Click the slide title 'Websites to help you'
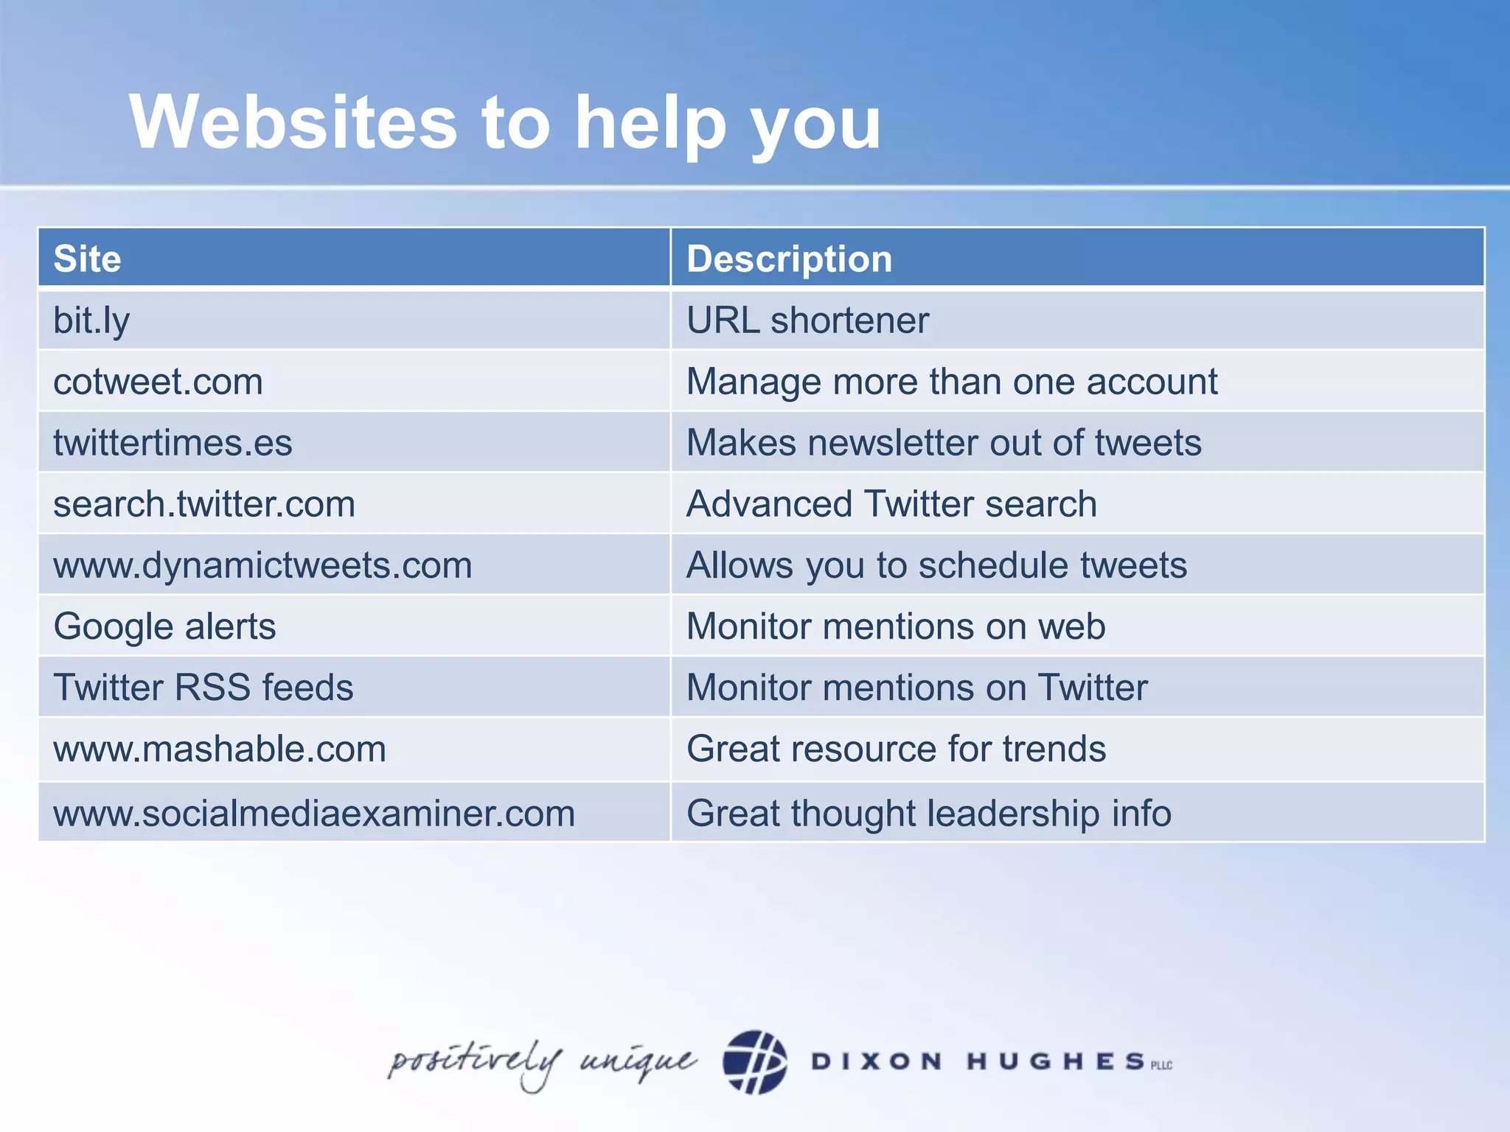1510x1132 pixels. (x=505, y=122)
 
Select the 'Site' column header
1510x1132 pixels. (x=87, y=259)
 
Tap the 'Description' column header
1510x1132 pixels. (x=789, y=259)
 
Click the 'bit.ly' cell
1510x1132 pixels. (x=91, y=321)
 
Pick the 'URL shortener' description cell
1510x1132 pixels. (x=807, y=321)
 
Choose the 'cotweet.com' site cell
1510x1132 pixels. (x=158, y=382)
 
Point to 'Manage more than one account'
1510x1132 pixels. (x=951, y=382)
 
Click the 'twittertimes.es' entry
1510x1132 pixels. (x=173, y=443)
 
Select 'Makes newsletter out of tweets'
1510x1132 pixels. (x=944, y=443)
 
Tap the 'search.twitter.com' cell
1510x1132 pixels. (x=204, y=504)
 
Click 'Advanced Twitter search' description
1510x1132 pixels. (x=891, y=504)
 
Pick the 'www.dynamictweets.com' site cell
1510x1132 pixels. (x=262, y=565)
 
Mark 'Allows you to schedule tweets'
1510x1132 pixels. (x=936, y=565)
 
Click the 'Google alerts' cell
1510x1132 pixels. (x=164, y=626)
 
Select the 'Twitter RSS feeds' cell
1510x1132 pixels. (x=203, y=688)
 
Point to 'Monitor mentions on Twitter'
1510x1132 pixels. (x=917, y=688)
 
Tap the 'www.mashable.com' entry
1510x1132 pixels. (x=220, y=749)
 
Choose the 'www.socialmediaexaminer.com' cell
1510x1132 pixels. (x=314, y=814)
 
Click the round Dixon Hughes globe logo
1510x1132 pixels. (x=754, y=1061)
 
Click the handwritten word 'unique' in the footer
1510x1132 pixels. (x=637, y=1061)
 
